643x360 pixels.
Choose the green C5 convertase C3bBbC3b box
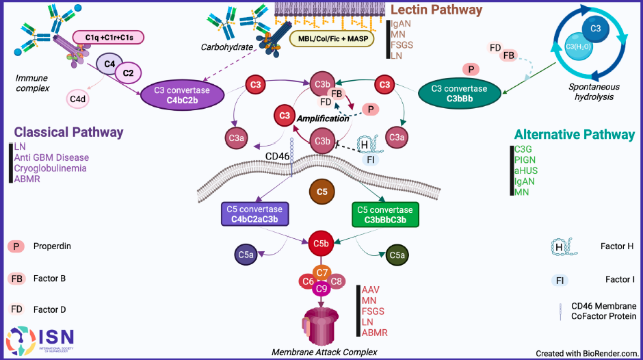click(384, 214)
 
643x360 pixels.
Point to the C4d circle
click(77, 99)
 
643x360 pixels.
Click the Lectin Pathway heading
click(436, 10)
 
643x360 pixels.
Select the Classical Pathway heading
click(68, 132)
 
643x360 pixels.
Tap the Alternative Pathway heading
click(575, 135)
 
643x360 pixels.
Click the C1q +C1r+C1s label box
click(107, 36)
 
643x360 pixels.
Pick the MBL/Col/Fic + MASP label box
click(332, 39)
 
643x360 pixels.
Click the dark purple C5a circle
click(247, 256)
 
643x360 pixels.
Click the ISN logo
click(40, 340)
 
